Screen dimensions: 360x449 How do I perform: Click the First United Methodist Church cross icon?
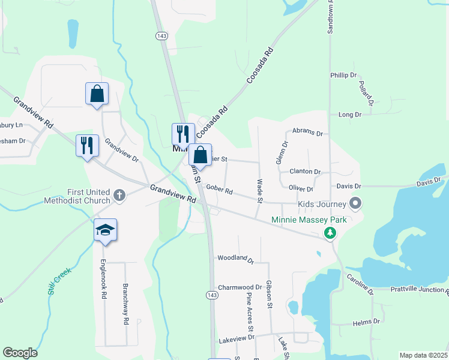click(x=119, y=195)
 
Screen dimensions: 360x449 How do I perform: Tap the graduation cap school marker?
click(x=105, y=230)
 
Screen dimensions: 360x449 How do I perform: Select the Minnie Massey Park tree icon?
click(x=330, y=233)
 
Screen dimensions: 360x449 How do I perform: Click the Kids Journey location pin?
click(x=355, y=204)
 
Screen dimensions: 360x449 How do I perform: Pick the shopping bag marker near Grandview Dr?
click(x=97, y=94)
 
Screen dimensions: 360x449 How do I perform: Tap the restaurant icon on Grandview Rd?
click(x=87, y=145)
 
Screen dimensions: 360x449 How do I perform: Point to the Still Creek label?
click(x=59, y=280)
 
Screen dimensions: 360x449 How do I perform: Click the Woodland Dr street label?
click(x=235, y=258)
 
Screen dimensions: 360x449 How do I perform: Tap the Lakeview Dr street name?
click(x=236, y=338)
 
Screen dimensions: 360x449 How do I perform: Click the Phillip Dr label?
click(x=343, y=75)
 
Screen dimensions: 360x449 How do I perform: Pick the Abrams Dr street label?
click(x=307, y=132)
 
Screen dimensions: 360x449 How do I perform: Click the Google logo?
click(x=20, y=353)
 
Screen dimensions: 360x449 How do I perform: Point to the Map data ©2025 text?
click(x=423, y=355)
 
